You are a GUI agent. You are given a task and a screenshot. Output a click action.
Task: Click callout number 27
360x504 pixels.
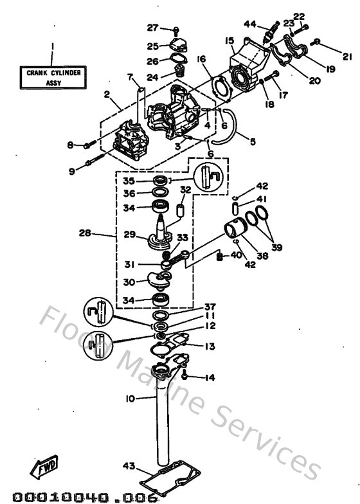(152, 28)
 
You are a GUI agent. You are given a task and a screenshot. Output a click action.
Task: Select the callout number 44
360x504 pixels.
(250, 24)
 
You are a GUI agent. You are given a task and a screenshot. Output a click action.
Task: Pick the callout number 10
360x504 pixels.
(129, 399)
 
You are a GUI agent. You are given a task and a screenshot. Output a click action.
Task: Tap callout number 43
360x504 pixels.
(127, 465)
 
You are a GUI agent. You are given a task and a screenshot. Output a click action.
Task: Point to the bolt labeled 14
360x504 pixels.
(185, 376)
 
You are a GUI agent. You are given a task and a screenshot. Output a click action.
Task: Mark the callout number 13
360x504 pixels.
(210, 347)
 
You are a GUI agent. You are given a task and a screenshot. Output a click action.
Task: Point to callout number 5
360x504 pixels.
(251, 141)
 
